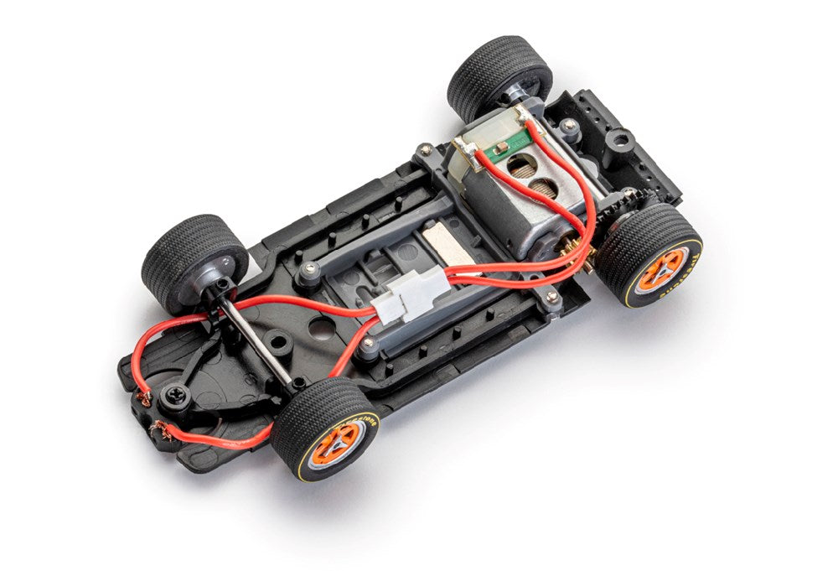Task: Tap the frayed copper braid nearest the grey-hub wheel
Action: pyautogui.click(x=143, y=397)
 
